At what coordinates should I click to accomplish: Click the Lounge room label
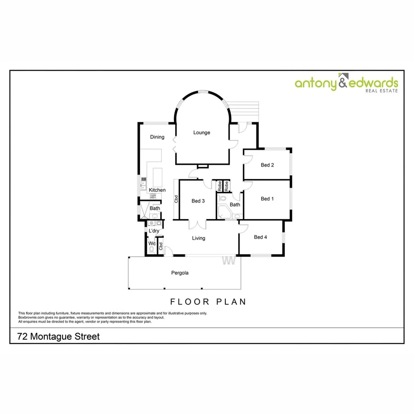click(201, 132)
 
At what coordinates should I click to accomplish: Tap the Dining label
click(157, 137)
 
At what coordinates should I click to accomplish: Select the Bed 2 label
click(267, 165)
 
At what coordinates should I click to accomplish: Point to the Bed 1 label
click(267, 199)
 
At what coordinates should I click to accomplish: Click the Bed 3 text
click(198, 201)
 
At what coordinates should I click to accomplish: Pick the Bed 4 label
click(260, 237)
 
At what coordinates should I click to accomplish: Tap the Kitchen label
click(157, 190)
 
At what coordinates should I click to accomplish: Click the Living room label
click(199, 238)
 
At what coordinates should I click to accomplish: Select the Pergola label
click(180, 273)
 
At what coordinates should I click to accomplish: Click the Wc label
click(151, 243)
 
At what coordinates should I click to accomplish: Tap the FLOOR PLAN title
click(208, 302)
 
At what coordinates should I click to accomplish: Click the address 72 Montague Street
click(58, 337)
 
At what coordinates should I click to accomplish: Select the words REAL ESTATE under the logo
click(381, 91)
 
